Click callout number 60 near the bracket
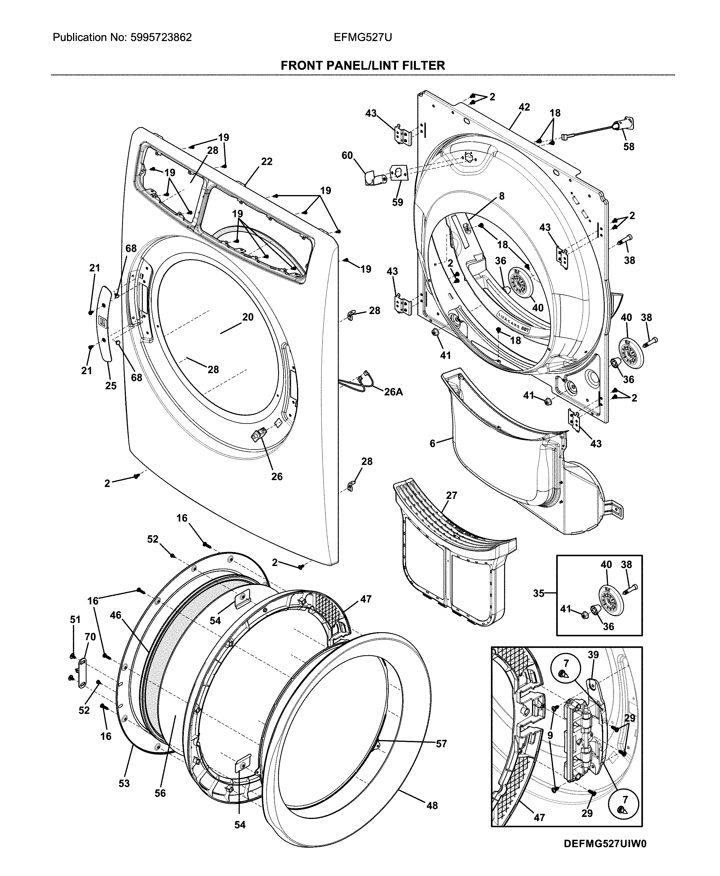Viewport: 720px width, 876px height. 347,155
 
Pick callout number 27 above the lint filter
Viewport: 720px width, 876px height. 451,495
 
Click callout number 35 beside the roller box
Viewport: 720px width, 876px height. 538,593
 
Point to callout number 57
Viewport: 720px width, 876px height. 441,744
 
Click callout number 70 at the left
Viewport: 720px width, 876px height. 90,637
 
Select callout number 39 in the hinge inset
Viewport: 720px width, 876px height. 593,655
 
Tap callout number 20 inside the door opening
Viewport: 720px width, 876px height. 248,317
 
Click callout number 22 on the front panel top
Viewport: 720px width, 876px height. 267,161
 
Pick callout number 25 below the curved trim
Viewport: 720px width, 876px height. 111,385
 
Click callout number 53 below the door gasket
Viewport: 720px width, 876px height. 124,783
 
